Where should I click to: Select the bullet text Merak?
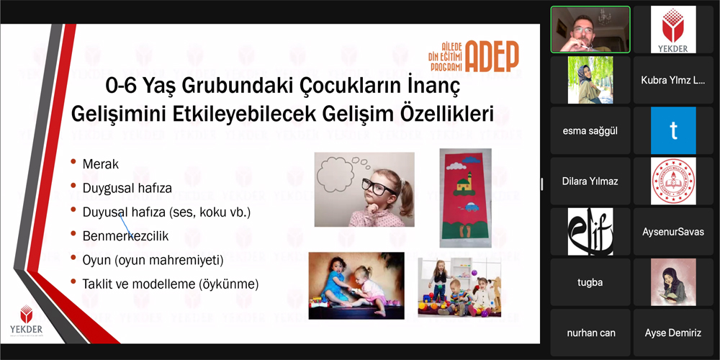(x=101, y=164)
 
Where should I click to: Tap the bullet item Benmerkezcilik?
(x=125, y=236)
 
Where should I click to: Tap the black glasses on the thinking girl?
(x=379, y=186)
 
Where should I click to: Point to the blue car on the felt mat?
(x=472, y=208)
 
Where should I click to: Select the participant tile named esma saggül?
(x=590, y=131)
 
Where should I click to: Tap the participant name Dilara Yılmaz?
(x=590, y=181)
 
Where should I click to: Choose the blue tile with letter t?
(x=673, y=130)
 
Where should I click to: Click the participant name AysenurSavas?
(x=673, y=231)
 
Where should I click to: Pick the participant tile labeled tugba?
(x=590, y=282)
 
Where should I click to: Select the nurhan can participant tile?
(x=590, y=333)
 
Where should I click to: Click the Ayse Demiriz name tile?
(x=673, y=333)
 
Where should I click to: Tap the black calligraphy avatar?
(x=590, y=231)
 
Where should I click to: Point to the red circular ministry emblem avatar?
(x=673, y=181)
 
